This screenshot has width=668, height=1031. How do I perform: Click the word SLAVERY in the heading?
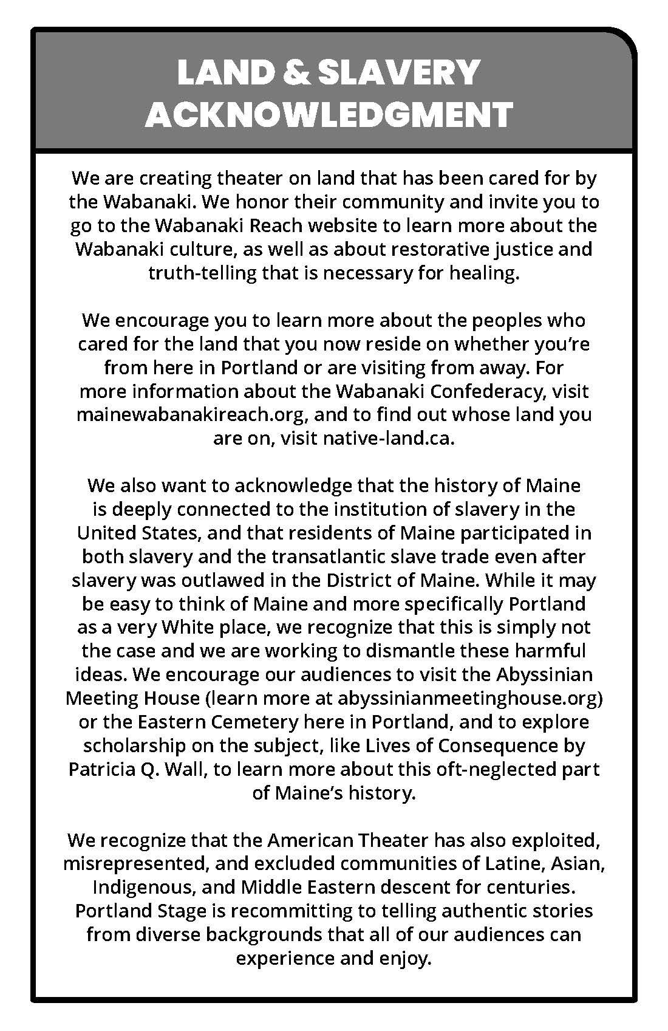coord(399,73)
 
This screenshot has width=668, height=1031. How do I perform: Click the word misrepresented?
coord(136,863)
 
